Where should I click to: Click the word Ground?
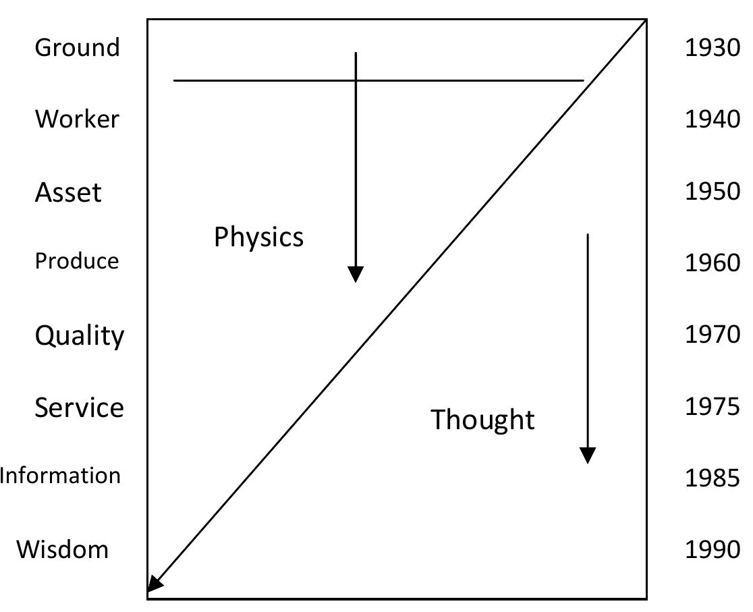click(77, 48)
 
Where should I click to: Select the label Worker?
click(77, 119)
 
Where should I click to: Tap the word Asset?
click(68, 192)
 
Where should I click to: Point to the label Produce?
click(77, 261)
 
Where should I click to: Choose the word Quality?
click(80, 335)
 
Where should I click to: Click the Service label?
click(80, 408)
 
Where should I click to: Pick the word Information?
click(61, 476)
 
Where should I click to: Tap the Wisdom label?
click(63, 549)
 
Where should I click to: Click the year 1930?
click(713, 49)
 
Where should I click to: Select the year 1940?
click(713, 119)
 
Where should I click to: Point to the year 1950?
click(713, 192)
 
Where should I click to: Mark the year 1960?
click(713, 262)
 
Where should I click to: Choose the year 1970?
click(713, 334)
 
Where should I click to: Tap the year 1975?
click(713, 406)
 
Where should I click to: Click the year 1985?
click(713, 478)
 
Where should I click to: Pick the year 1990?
click(713, 549)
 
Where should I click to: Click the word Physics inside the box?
click(258, 238)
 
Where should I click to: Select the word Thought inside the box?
click(482, 419)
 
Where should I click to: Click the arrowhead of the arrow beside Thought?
click(588, 455)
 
